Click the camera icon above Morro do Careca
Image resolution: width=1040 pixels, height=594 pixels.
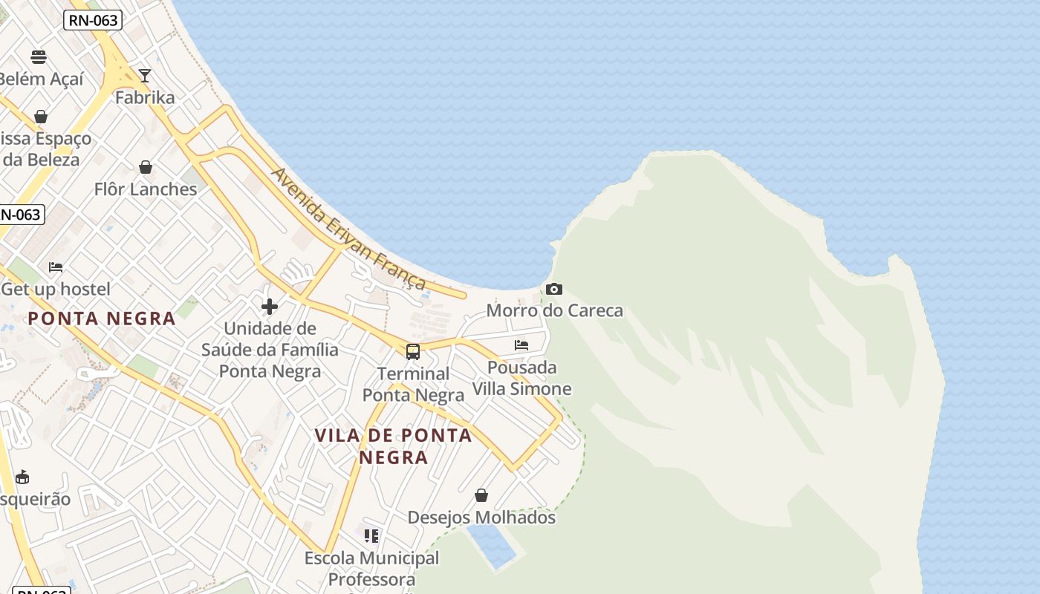point(554,289)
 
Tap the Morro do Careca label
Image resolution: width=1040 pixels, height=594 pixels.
point(554,310)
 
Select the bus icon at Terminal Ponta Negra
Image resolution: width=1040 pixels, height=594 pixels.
point(413,352)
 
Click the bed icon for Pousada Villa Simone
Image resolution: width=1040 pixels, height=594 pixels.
point(521,345)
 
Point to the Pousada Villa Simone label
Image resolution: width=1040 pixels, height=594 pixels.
point(522,378)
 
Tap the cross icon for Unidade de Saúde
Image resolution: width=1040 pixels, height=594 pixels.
point(270,306)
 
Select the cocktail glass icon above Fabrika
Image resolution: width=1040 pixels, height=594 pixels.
point(145,76)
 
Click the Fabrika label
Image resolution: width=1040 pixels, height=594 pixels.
point(145,97)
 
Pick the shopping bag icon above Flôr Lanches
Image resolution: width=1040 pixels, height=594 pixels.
point(146,167)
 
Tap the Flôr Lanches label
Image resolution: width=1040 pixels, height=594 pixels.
point(146,189)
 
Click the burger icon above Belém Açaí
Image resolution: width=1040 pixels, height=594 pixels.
point(39,57)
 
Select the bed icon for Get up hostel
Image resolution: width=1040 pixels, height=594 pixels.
point(56,267)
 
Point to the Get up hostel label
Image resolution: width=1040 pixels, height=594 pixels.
point(56,289)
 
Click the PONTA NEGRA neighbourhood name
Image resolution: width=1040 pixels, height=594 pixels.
point(102,319)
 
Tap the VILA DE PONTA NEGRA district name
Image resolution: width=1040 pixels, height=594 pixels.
point(394,446)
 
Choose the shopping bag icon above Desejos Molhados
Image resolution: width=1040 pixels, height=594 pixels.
point(481,495)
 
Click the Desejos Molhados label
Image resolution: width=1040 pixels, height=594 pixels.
point(481,518)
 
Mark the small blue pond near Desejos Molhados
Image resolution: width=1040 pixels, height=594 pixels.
point(491,546)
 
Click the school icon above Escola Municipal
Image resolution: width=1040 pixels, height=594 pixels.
point(371,535)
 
